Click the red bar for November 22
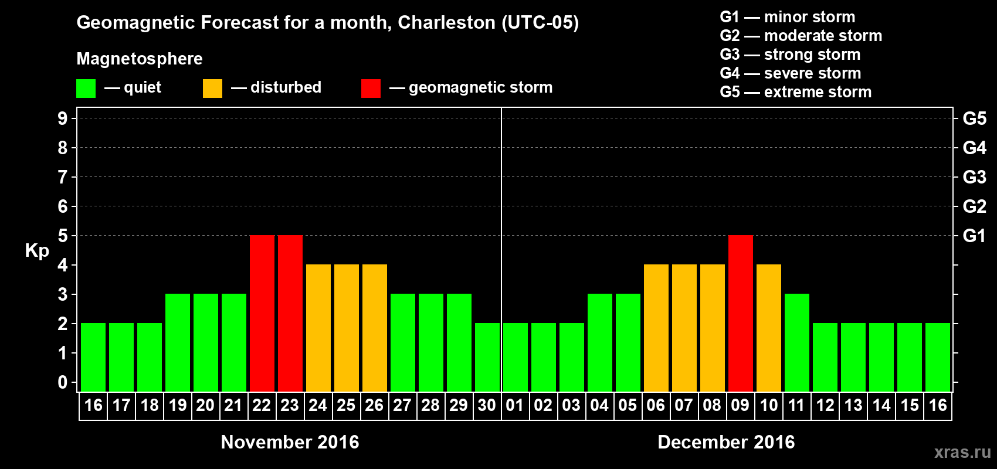click(262, 313)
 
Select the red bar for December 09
click(741, 313)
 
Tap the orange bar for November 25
click(347, 328)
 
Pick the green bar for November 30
click(487, 357)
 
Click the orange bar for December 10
click(769, 328)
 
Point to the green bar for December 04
click(600, 342)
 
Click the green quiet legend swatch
click(86, 89)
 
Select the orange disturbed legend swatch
click(212, 89)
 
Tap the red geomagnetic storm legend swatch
click(371, 89)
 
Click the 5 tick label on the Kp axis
click(63, 236)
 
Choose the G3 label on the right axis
click(975, 177)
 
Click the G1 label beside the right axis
click(975, 236)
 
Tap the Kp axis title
click(37, 250)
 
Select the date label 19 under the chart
click(178, 405)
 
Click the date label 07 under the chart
click(684, 405)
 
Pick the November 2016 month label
click(290, 442)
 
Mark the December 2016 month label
click(726, 442)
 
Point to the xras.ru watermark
click(962, 452)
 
